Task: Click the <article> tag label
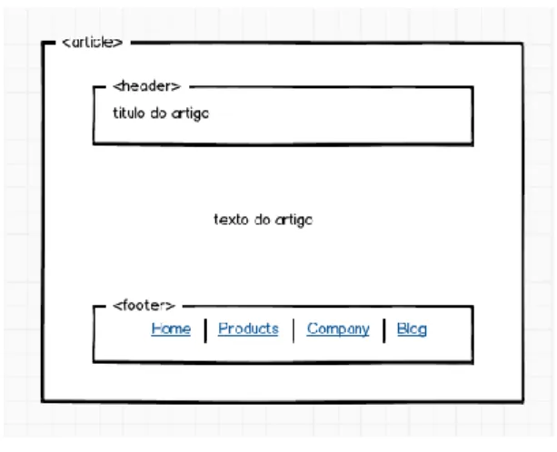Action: pos(93,43)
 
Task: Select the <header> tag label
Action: pos(146,86)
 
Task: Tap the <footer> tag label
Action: pos(144,306)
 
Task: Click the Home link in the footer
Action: pos(171,329)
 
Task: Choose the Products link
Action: pos(248,329)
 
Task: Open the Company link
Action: pos(338,329)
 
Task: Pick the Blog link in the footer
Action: pos(412,329)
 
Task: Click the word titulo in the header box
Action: pos(129,113)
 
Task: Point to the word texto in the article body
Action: pos(232,220)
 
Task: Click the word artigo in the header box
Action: pos(191,114)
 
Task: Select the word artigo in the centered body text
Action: pos(294,221)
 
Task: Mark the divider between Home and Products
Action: pos(205,330)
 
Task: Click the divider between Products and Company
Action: pos(293,330)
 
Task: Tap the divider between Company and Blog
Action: pos(384,330)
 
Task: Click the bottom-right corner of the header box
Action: pos(472,144)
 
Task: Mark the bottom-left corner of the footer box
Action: pos(94,361)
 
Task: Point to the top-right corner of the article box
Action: pos(522,44)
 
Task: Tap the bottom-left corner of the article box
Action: pos(43,401)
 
